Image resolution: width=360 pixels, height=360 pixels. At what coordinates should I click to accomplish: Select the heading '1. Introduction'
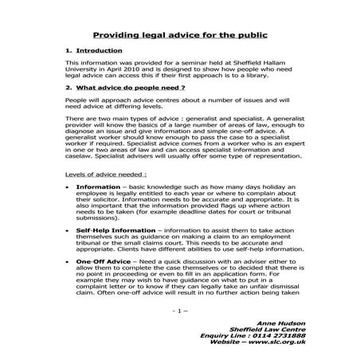[x=95, y=50]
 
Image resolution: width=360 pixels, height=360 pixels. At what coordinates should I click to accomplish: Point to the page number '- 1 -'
[x=179, y=310]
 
